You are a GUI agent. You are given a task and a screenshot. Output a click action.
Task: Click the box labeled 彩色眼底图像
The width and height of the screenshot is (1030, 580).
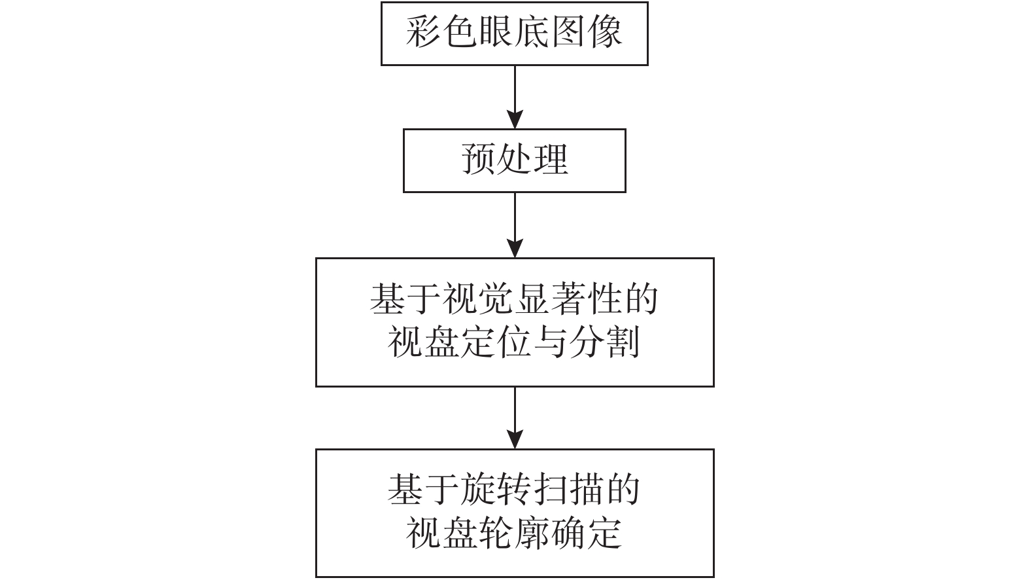click(x=514, y=33)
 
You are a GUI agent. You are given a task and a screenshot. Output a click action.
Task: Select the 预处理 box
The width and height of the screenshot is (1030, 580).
click(x=514, y=160)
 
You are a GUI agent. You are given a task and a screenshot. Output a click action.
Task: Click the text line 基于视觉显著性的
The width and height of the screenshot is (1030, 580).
click(x=514, y=299)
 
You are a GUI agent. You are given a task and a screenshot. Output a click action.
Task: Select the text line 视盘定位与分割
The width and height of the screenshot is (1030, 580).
click(x=514, y=342)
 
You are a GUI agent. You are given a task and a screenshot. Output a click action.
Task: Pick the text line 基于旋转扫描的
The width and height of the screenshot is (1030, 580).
click(x=514, y=490)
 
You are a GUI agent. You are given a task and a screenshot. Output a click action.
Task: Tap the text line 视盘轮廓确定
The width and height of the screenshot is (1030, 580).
click(x=514, y=534)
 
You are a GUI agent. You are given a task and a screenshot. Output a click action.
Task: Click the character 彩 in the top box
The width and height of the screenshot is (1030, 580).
click(x=423, y=31)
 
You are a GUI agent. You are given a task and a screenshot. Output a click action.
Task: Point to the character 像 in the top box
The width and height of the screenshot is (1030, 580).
click(x=604, y=31)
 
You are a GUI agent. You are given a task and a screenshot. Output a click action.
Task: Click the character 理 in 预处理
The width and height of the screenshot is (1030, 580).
click(x=551, y=159)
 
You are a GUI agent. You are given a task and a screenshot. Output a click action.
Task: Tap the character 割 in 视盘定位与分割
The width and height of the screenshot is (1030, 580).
click(x=622, y=342)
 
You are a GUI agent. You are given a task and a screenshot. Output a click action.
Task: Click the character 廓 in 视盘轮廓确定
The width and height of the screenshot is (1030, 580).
click(x=532, y=534)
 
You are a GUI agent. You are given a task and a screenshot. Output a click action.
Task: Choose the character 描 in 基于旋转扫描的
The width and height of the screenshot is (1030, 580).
click(x=586, y=490)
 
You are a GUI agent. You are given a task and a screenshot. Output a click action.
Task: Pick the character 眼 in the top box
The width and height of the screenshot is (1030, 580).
click(x=495, y=31)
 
